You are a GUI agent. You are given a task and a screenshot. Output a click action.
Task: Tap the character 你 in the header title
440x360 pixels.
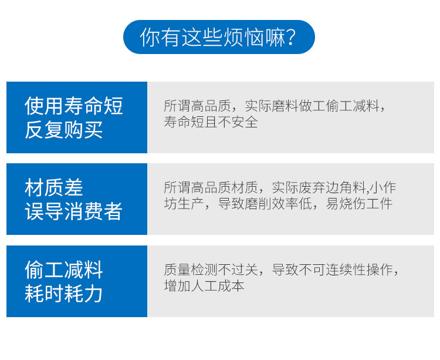point(150,37)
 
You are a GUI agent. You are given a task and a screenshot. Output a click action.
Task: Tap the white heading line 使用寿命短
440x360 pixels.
point(74,106)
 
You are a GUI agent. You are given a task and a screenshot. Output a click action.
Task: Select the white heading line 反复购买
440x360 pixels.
point(64,130)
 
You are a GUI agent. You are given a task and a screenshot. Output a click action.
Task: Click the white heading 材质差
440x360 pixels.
point(54,187)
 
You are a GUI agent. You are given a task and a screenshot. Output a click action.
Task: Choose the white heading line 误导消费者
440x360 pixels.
point(74,211)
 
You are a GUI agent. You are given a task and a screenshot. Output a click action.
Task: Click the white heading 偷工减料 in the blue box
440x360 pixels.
point(64,270)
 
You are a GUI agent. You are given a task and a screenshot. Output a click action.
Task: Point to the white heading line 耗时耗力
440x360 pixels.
point(64,294)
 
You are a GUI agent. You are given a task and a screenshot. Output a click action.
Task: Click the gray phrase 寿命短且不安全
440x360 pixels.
point(211,122)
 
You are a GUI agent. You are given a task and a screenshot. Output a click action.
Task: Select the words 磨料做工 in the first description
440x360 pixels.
point(285,106)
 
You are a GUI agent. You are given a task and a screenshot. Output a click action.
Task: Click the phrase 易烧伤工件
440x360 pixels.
point(359,204)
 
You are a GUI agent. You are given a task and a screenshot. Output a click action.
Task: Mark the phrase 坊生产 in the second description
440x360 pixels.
point(184,204)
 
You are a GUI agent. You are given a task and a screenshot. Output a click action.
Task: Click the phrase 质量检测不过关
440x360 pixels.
point(211,270)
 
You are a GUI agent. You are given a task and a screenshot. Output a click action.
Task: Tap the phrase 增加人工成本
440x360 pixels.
point(204,286)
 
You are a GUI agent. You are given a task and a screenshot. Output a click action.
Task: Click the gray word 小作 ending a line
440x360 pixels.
point(383,187)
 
